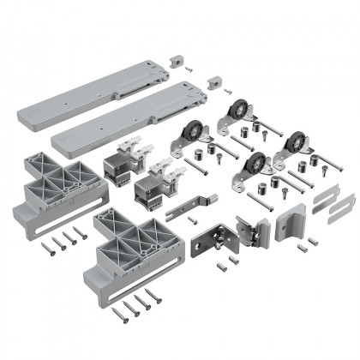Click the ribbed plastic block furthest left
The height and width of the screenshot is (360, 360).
coord(51,184)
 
